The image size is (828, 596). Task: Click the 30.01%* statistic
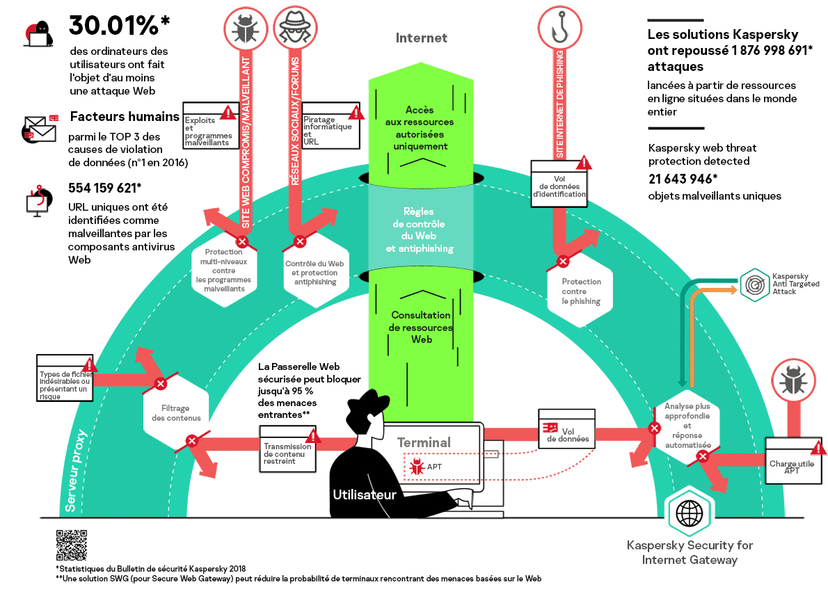point(119,26)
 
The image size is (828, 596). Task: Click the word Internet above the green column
point(421,38)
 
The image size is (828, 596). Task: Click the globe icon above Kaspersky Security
point(689,513)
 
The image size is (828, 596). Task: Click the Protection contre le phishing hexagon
point(581,291)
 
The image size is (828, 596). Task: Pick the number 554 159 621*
point(105,188)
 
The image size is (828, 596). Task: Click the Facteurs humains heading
point(125,117)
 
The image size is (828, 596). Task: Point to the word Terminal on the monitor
point(424,442)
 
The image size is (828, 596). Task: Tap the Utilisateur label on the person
point(365,495)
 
